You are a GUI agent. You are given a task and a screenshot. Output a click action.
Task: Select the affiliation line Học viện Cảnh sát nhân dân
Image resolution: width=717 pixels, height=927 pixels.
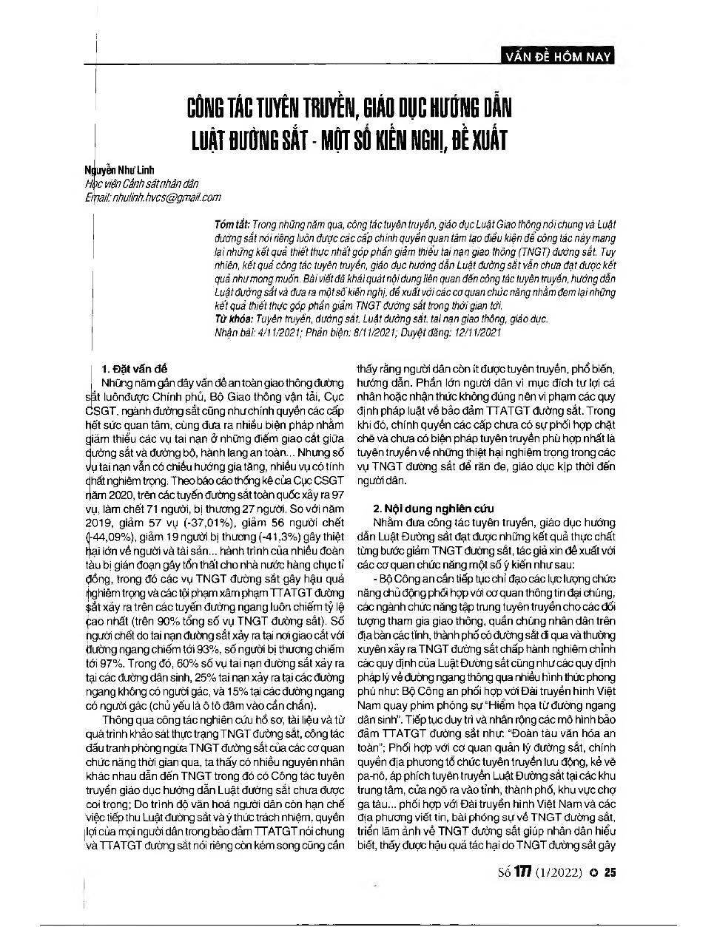[142, 184]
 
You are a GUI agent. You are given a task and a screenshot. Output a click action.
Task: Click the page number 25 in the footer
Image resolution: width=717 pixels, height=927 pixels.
[610, 872]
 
